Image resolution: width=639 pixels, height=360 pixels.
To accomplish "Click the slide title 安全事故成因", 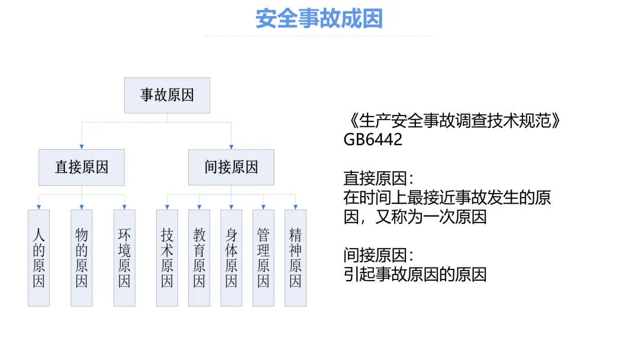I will coord(319,18).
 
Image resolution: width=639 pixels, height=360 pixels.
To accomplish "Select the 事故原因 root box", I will coord(167,95).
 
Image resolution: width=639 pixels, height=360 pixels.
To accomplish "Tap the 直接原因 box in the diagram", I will coord(82,167).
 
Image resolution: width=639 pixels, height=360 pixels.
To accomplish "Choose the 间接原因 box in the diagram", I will coord(231,167).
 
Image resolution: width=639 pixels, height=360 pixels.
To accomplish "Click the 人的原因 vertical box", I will coord(39,258).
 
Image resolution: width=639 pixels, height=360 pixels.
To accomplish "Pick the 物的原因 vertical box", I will coord(82,258).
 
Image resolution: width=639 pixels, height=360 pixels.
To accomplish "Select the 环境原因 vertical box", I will coord(124,258).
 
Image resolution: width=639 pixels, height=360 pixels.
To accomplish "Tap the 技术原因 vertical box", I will coord(167,258).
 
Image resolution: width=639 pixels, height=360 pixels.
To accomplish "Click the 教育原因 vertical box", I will coord(199,258).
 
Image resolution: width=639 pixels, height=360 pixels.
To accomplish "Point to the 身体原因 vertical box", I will coord(231,258).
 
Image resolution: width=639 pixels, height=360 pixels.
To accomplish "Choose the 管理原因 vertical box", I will coord(263,258).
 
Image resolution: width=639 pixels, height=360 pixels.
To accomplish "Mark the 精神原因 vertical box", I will coord(295,258).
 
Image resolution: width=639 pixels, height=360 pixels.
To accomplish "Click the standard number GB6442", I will coord(373,140).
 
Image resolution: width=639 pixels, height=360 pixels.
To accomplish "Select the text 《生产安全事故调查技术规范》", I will coord(451,121).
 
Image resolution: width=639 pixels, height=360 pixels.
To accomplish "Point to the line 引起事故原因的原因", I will coord(415,274).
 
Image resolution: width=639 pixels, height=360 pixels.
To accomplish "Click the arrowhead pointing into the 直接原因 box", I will coord(82,146).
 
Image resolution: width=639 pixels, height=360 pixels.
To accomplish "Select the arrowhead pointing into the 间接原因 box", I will coord(231,146).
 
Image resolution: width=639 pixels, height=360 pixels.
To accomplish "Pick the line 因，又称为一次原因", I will coord(415,217).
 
